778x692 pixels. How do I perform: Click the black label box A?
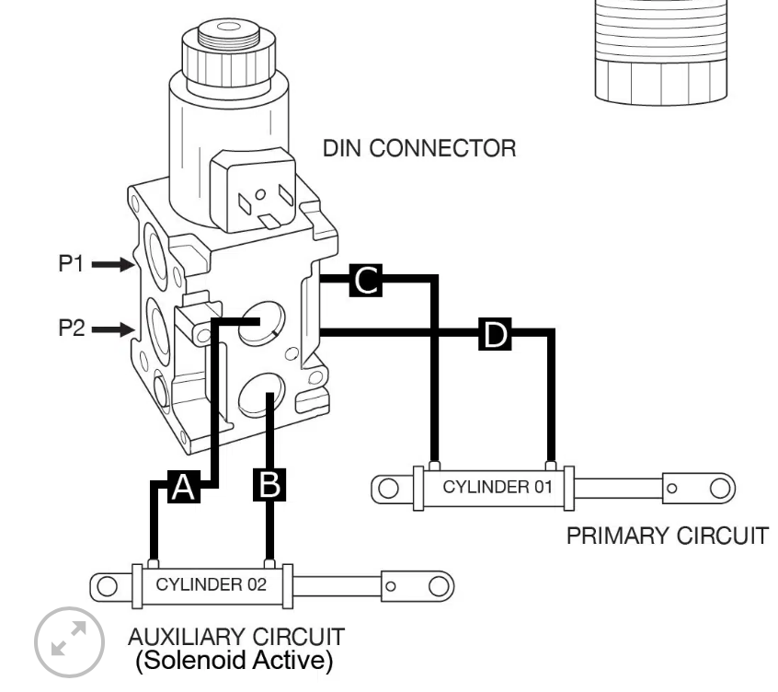tap(184, 487)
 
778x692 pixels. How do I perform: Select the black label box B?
tap(269, 485)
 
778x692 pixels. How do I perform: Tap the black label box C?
tap(366, 281)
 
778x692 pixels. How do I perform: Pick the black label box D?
tap(495, 334)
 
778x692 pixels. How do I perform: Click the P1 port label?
tap(71, 263)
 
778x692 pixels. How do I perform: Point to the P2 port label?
tap(72, 329)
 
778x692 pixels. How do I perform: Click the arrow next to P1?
tap(113, 265)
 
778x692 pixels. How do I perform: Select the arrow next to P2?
tap(113, 329)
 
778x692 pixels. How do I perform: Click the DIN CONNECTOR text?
tap(419, 148)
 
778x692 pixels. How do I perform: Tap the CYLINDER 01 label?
tap(498, 487)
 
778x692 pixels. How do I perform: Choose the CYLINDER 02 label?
tap(212, 584)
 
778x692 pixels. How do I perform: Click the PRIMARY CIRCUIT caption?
tap(668, 536)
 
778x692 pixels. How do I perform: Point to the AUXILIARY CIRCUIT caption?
tap(236, 637)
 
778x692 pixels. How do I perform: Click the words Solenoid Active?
tap(235, 660)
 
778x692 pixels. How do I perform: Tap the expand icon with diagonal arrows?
tap(69, 642)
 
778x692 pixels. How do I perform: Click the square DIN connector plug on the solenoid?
tap(253, 190)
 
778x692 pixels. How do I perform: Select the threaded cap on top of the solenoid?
tap(229, 52)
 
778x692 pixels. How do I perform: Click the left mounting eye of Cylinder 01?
tap(388, 488)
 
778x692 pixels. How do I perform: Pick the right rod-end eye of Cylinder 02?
tap(439, 586)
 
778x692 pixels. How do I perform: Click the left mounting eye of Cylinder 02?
tap(108, 586)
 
